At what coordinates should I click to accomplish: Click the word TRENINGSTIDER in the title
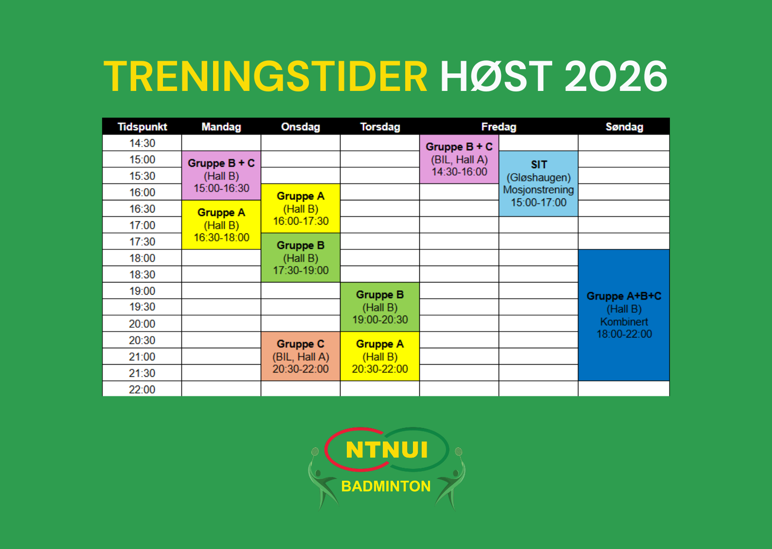pyautogui.click(x=266, y=76)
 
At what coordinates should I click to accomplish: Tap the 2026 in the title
pyautogui.click(x=616, y=76)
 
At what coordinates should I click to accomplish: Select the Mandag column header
pyautogui.click(x=221, y=127)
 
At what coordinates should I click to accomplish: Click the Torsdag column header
pyautogui.click(x=380, y=127)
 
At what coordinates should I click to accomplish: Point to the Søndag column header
pyautogui.click(x=624, y=127)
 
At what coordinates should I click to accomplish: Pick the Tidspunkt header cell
pyautogui.click(x=143, y=127)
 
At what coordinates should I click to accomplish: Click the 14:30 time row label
pyautogui.click(x=143, y=143)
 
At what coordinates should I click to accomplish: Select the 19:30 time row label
pyautogui.click(x=143, y=306)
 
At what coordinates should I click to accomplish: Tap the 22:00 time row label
pyautogui.click(x=142, y=390)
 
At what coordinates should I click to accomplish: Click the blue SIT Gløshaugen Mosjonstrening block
pyautogui.click(x=539, y=184)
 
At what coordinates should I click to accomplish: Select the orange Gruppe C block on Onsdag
pyautogui.click(x=301, y=356)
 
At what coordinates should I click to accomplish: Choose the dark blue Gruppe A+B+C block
pyautogui.click(x=624, y=315)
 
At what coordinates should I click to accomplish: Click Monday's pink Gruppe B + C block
pyautogui.click(x=221, y=176)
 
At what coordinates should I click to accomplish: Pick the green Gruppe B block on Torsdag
pyautogui.click(x=380, y=307)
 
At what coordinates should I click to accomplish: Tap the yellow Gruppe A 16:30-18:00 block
pyautogui.click(x=221, y=225)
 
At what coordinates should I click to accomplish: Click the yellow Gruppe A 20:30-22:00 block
pyautogui.click(x=380, y=356)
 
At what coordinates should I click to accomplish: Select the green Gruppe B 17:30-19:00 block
pyautogui.click(x=301, y=258)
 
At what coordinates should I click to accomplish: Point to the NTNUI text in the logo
pyautogui.click(x=387, y=450)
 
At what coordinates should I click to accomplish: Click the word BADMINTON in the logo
pyautogui.click(x=386, y=486)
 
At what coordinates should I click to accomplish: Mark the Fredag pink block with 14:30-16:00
pyautogui.click(x=459, y=159)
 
